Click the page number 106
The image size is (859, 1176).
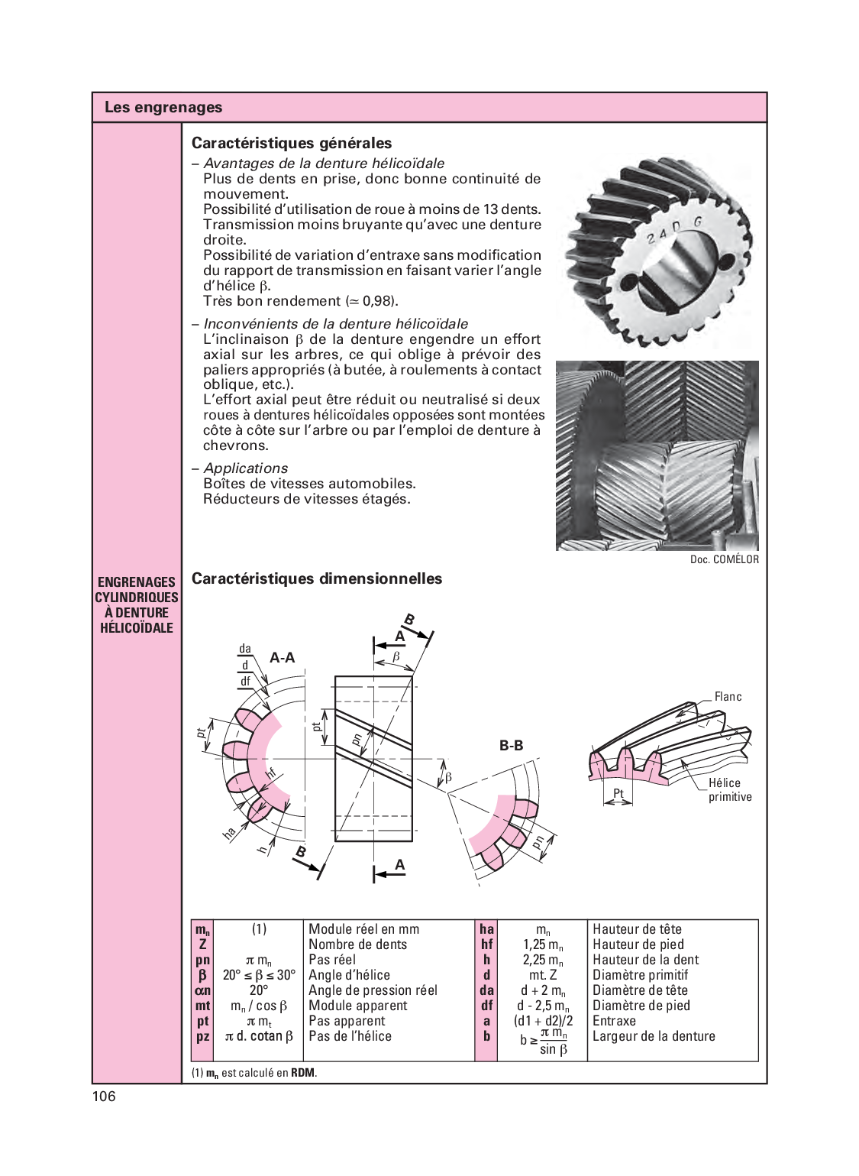click(x=104, y=1097)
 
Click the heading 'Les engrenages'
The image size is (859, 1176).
click(x=163, y=108)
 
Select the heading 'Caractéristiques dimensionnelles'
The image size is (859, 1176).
click(x=317, y=578)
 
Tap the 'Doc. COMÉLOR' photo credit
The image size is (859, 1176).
click(x=724, y=559)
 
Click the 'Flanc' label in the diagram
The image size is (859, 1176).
click(x=728, y=697)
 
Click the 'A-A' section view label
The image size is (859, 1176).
click(x=283, y=658)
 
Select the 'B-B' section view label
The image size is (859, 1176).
click(x=511, y=745)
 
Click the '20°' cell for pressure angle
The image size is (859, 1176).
click(x=259, y=990)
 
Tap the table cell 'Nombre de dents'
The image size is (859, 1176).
click(x=357, y=944)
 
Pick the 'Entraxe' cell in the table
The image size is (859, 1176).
click(x=614, y=1021)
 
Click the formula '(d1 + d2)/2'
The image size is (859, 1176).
click(x=543, y=1021)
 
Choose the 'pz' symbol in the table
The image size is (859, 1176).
click(x=202, y=1037)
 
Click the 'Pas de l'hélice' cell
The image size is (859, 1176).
click(x=350, y=1036)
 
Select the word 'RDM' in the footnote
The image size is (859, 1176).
click(x=302, y=1073)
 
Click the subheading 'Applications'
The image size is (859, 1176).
click(x=246, y=468)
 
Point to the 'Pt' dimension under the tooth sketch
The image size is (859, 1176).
click(x=618, y=793)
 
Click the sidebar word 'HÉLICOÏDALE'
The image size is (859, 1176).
click(x=137, y=628)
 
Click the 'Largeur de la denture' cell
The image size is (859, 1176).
click(x=654, y=1036)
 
